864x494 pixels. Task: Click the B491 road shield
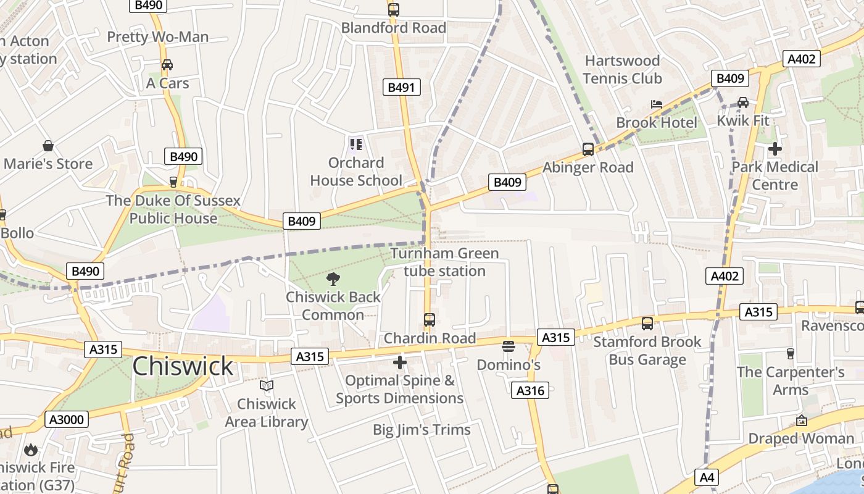[x=401, y=87]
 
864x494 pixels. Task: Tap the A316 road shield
[x=530, y=390]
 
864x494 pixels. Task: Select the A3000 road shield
[x=67, y=420]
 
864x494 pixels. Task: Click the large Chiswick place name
[x=183, y=366]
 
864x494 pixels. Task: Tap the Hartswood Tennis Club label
[x=622, y=69]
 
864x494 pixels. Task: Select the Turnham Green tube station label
[x=444, y=262]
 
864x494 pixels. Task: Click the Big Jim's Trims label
[x=422, y=430]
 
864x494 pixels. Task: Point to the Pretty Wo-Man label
[x=158, y=37]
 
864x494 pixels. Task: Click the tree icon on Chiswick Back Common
[x=333, y=279]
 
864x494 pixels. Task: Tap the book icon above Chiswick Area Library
[x=267, y=386]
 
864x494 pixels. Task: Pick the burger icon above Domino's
[x=509, y=346]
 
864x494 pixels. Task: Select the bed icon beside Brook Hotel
[x=657, y=104]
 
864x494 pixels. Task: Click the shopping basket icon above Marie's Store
[x=48, y=146]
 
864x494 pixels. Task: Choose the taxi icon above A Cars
[x=167, y=65]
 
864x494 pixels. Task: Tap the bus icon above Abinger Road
[x=588, y=149]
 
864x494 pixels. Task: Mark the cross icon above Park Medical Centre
[x=775, y=149]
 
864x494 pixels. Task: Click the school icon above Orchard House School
[x=356, y=144]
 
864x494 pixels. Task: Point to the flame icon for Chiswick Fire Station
[x=31, y=450]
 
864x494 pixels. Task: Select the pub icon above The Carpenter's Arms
[x=790, y=353]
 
